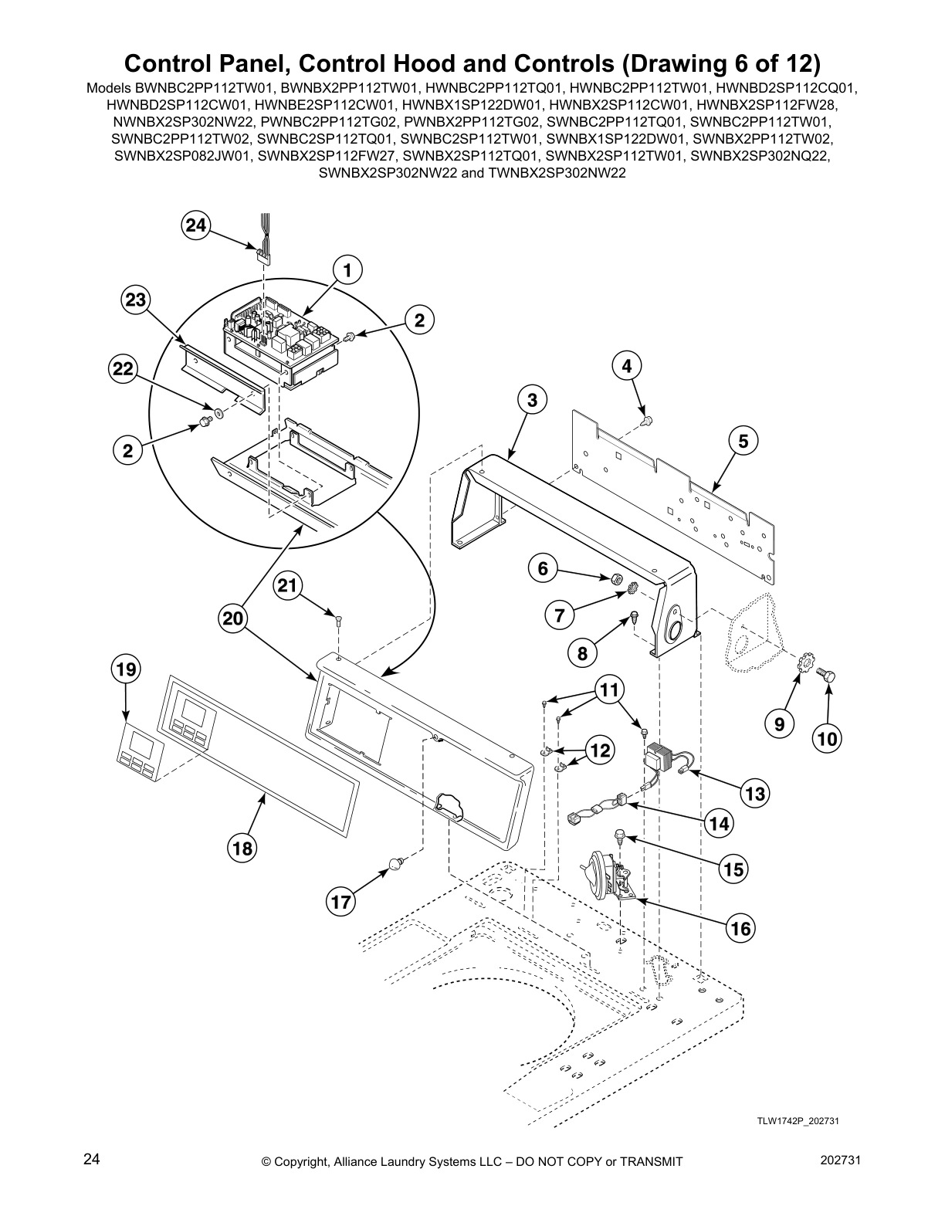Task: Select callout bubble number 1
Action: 347,270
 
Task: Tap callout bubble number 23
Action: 136,300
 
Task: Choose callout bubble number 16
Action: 740,928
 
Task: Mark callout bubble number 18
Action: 242,849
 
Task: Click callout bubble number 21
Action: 287,586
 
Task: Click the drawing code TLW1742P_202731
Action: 798,1120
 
